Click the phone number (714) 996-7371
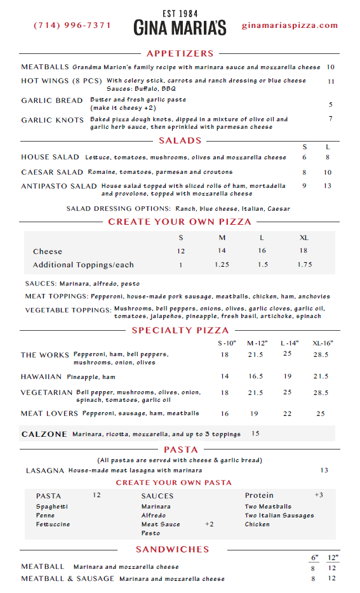[72, 25]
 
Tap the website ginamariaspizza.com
[290, 25]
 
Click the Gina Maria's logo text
[180, 27]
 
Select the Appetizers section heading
[180, 53]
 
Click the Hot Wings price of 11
[331, 81]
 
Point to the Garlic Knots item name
[52, 120]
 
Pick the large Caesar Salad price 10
[328, 172]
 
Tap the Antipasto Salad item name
[59, 186]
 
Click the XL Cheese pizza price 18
[303, 251]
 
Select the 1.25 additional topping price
[222, 265]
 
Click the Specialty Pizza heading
[180, 330]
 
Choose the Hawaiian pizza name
[41, 376]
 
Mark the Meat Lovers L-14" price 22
[288, 413]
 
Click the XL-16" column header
[323, 343]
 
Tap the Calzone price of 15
[255, 434]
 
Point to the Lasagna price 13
[324, 470]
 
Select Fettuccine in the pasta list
[53, 524]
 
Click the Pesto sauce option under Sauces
[150, 533]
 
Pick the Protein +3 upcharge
[319, 495]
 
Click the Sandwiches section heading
[172, 549]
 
